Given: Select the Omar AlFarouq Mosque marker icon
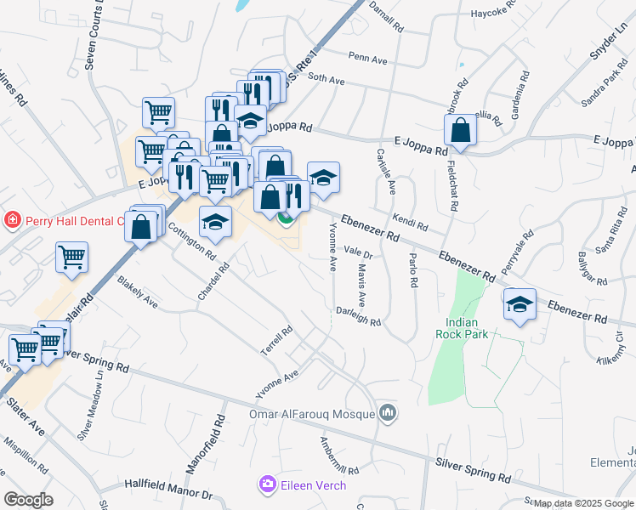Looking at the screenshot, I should [x=389, y=413].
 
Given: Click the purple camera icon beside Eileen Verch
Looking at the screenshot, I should [x=267, y=484].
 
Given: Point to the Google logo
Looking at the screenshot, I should [x=28, y=500].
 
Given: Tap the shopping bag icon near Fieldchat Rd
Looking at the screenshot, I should [x=460, y=131].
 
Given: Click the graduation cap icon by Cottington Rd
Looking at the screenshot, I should [x=216, y=223].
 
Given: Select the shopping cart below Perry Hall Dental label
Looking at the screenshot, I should [x=72, y=258].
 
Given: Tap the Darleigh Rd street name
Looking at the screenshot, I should [x=358, y=316].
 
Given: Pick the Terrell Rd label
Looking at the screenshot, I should [x=276, y=339].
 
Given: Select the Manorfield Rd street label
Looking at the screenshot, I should [x=203, y=444].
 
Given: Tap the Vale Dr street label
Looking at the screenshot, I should [x=359, y=252].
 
